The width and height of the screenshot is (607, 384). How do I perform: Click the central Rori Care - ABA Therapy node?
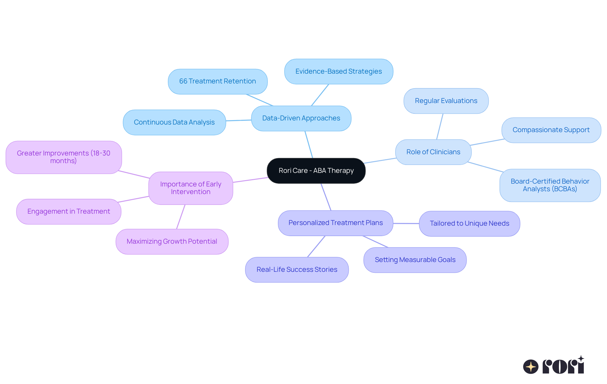(x=316, y=171)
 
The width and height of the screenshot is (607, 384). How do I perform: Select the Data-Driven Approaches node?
(x=301, y=118)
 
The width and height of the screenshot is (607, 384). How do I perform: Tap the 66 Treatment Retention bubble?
(x=218, y=81)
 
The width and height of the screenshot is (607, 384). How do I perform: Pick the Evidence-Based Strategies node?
(x=339, y=71)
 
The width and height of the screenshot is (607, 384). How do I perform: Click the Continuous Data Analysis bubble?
(x=174, y=122)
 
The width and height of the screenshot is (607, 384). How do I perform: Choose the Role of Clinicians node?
(x=433, y=152)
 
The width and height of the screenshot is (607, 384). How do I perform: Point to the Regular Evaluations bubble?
(x=446, y=101)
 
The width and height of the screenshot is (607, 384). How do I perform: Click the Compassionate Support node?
(x=551, y=130)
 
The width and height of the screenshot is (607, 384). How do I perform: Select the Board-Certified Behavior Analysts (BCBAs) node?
(x=550, y=185)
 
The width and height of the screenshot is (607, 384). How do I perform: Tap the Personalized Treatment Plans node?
(x=335, y=223)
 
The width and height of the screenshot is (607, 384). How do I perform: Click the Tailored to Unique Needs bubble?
(x=469, y=223)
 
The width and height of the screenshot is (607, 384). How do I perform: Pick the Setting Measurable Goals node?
(x=415, y=260)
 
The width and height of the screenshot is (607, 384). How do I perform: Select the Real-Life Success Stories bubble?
(x=297, y=270)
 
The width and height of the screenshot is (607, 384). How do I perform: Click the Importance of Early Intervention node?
(x=191, y=188)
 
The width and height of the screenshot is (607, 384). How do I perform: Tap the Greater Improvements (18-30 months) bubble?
(x=64, y=157)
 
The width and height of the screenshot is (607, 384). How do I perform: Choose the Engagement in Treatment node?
(x=69, y=211)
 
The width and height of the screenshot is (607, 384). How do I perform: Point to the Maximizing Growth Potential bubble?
(x=172, y=241)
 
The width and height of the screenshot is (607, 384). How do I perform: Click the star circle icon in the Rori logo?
(x=530, y=367)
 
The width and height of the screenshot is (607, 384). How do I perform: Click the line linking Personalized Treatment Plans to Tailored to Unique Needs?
(x=406, y=223)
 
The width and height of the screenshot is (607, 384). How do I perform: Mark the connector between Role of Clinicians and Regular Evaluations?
(x=440, y=126)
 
